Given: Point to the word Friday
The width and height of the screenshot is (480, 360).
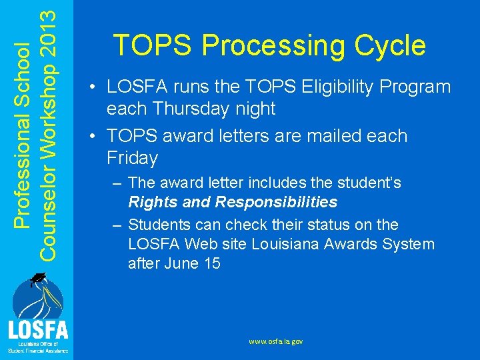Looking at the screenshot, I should coord(132,158).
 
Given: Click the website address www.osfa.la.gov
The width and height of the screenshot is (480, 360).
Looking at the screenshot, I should coord(276,341).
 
